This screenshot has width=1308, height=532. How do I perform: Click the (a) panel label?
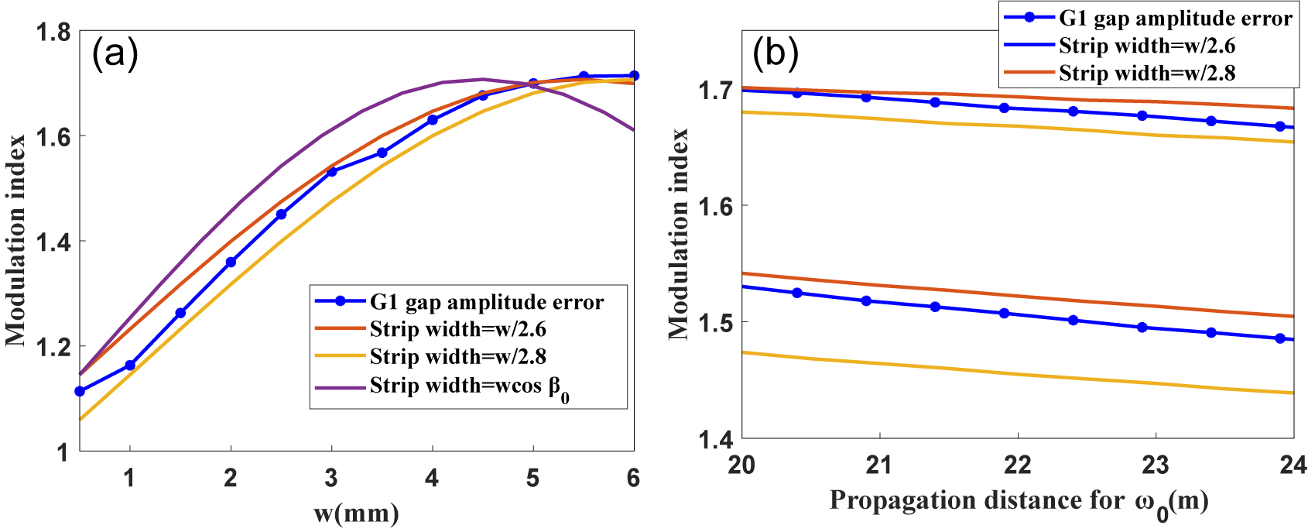click(115, 55)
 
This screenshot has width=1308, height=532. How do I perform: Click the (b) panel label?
click(775, 53)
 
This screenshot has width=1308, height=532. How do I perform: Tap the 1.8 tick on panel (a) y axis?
click(53, 33)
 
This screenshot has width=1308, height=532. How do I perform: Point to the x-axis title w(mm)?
click(356, 513)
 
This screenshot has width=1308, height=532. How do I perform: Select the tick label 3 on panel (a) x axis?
click(331, 478)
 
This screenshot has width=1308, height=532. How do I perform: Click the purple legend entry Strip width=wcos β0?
click(469, 386)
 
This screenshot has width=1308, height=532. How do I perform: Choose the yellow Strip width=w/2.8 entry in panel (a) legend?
click(457, 357)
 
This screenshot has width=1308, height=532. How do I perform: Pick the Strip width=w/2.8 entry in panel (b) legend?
click(1147, 73)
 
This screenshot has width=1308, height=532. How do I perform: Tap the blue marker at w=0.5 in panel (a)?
click(80, 391)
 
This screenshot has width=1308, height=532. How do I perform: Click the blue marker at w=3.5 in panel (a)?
click(382, 153)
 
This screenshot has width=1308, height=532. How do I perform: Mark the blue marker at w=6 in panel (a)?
click(634, 75)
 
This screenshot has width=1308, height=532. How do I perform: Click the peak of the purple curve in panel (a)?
click(482, 79)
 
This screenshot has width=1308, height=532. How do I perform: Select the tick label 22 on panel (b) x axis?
click(1017, 465)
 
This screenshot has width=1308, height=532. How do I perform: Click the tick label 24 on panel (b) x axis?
click(1292, 465)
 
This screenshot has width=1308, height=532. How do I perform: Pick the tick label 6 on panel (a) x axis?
click(633, 478)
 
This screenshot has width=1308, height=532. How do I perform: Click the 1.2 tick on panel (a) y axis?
click(53, 346)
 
